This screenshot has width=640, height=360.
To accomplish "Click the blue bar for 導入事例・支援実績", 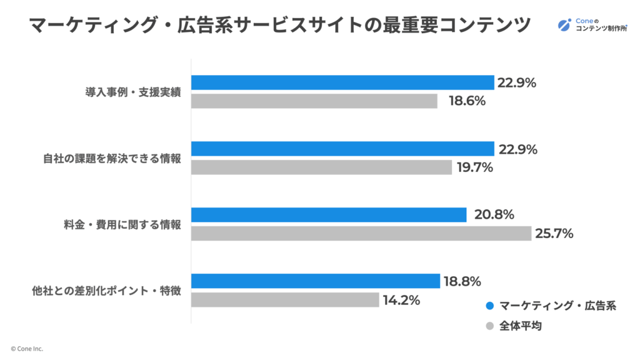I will tap(342, 82).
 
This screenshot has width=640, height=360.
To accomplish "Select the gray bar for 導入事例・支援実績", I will tap(314, 101).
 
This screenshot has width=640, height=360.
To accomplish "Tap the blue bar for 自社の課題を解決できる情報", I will tap(342, 149).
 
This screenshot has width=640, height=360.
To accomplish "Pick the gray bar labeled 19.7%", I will tap(321, 167).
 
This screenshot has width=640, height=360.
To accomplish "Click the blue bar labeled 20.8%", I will tap(329, 215).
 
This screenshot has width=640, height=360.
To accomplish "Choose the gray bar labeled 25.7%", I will tap(361, 234).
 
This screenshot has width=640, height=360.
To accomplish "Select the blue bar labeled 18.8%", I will tap(316, 281).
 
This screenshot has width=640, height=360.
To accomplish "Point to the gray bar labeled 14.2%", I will tap(285, 300).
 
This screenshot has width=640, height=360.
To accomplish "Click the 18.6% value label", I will tap(467, 101).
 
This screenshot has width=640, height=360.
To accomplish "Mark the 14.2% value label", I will tap(401, 300).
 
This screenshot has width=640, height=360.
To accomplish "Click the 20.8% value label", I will tap(494, 215).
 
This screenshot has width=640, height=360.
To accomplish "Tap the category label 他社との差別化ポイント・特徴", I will tap(107, 291).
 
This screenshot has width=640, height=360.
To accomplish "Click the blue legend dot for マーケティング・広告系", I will tap(490, 306).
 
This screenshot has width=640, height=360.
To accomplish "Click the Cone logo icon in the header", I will tap(564, 26).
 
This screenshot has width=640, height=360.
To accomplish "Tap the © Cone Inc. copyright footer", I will tap(26, 349).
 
